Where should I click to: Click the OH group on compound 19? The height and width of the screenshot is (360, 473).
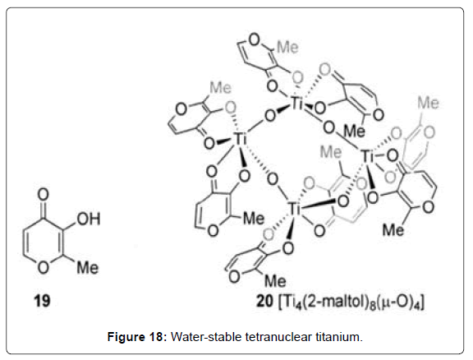(x=89, y=219)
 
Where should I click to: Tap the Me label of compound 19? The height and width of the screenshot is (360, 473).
(x=88, y=268)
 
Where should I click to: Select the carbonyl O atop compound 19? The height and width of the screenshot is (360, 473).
(x=44, y=195)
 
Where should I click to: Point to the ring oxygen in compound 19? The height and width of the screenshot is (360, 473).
(x=44, y=267)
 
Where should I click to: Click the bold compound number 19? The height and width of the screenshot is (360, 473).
(x=42, y=301)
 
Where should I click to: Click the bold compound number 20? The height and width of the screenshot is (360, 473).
(x=264, y=301)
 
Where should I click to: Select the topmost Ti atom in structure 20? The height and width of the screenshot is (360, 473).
(x=297, y=104)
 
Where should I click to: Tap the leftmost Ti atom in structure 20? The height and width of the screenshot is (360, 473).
(x=241, y=139)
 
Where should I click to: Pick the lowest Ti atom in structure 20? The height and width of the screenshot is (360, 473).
(x=294, y=209)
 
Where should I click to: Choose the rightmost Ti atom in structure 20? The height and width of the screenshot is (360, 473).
(x=368, y=156)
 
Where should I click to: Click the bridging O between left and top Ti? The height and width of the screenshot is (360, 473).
(x=270, y=115)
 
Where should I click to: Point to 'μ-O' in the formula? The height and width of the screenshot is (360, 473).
(x=398, y=302)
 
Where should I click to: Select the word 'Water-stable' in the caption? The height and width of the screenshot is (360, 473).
(x=206, y=336)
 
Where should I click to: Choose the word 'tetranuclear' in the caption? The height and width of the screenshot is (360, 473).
(x=278, y=336)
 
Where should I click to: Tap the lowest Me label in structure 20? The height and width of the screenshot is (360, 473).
(x=275, y=281)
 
